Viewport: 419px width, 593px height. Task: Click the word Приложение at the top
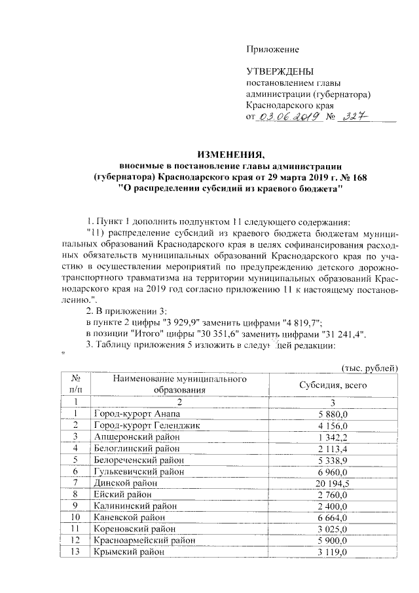(x=272, y=49)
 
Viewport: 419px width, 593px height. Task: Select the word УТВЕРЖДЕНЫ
(x=280, y=71)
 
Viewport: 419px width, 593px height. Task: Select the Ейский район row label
(x=122, y=493)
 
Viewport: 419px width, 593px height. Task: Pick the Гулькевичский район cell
(x=136, y=470)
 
